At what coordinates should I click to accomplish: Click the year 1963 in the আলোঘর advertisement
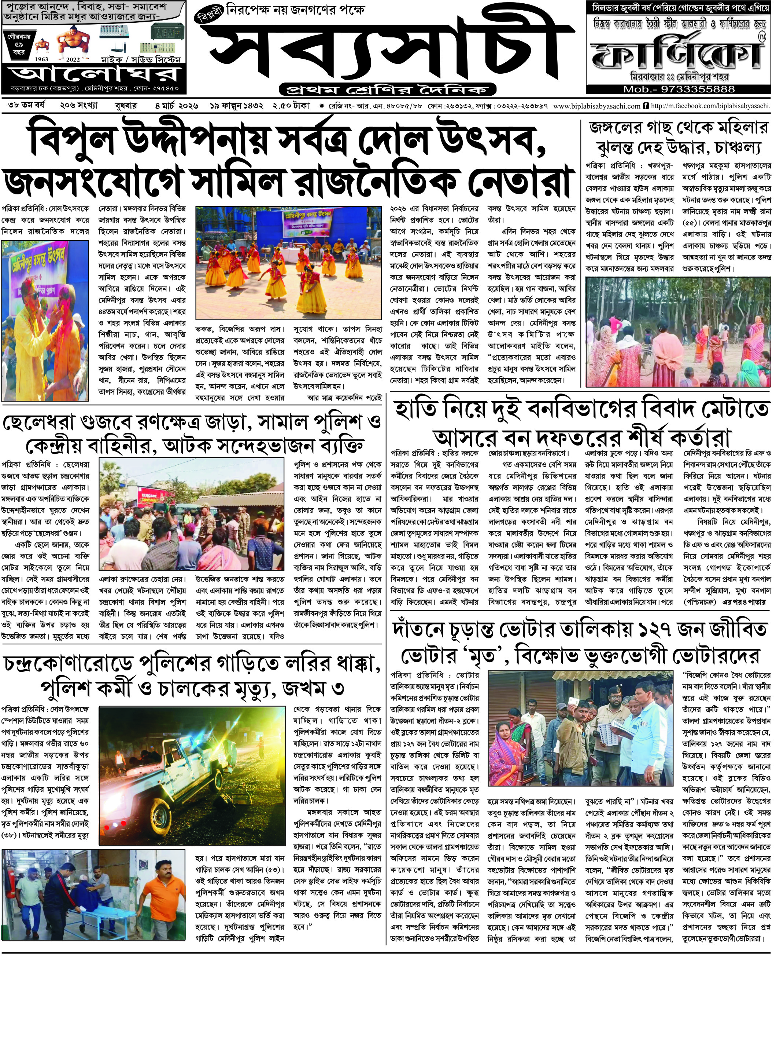tap(41, 60)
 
